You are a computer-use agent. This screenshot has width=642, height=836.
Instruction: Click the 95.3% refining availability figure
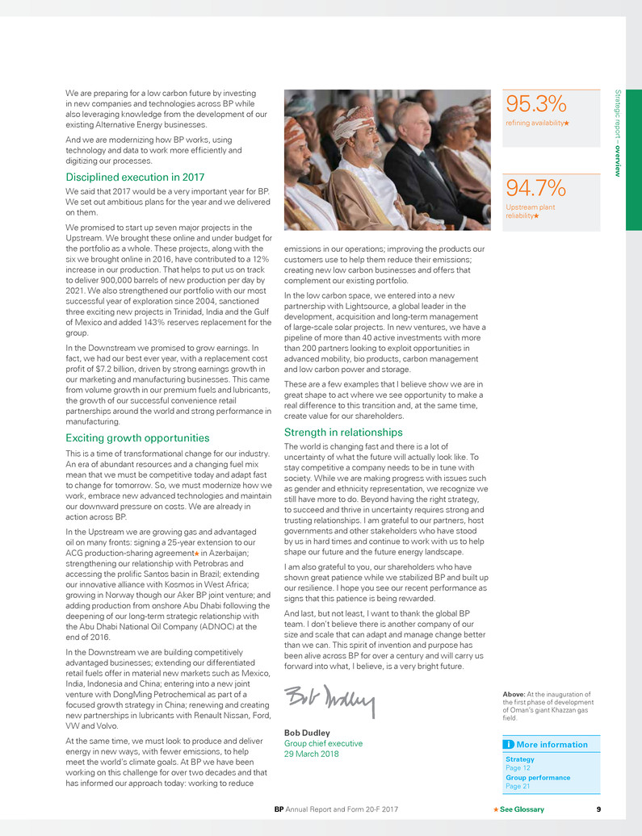pyautogui.click(x=536, y=104)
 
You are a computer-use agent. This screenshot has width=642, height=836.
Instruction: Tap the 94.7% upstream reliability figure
pyautogui.click(x=536, y=188)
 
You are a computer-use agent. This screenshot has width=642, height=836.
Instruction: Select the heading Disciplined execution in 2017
pyautogui.click(x=135, y=177)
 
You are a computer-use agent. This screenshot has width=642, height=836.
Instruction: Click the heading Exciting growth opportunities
pyautogui.click(x=137, y=437)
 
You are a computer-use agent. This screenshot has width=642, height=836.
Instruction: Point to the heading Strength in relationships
pyautogui.click(x=343, y=433)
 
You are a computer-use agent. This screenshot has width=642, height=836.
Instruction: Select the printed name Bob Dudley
pyautogui.click(x=304, y=733)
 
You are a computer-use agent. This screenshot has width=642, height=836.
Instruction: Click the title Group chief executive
pyautogui.click(x=324, y=743)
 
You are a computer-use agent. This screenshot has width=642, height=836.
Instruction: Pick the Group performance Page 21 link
pyautogui.click(x=537, y=781)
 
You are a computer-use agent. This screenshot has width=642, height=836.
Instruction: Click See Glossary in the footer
pyautogui.click(x=522, y=809)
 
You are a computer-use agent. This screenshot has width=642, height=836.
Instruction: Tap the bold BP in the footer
pyautogui.click(x=279, y=809)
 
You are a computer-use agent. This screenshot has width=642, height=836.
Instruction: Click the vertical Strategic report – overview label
pyautogui.click(x=618, y=133)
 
